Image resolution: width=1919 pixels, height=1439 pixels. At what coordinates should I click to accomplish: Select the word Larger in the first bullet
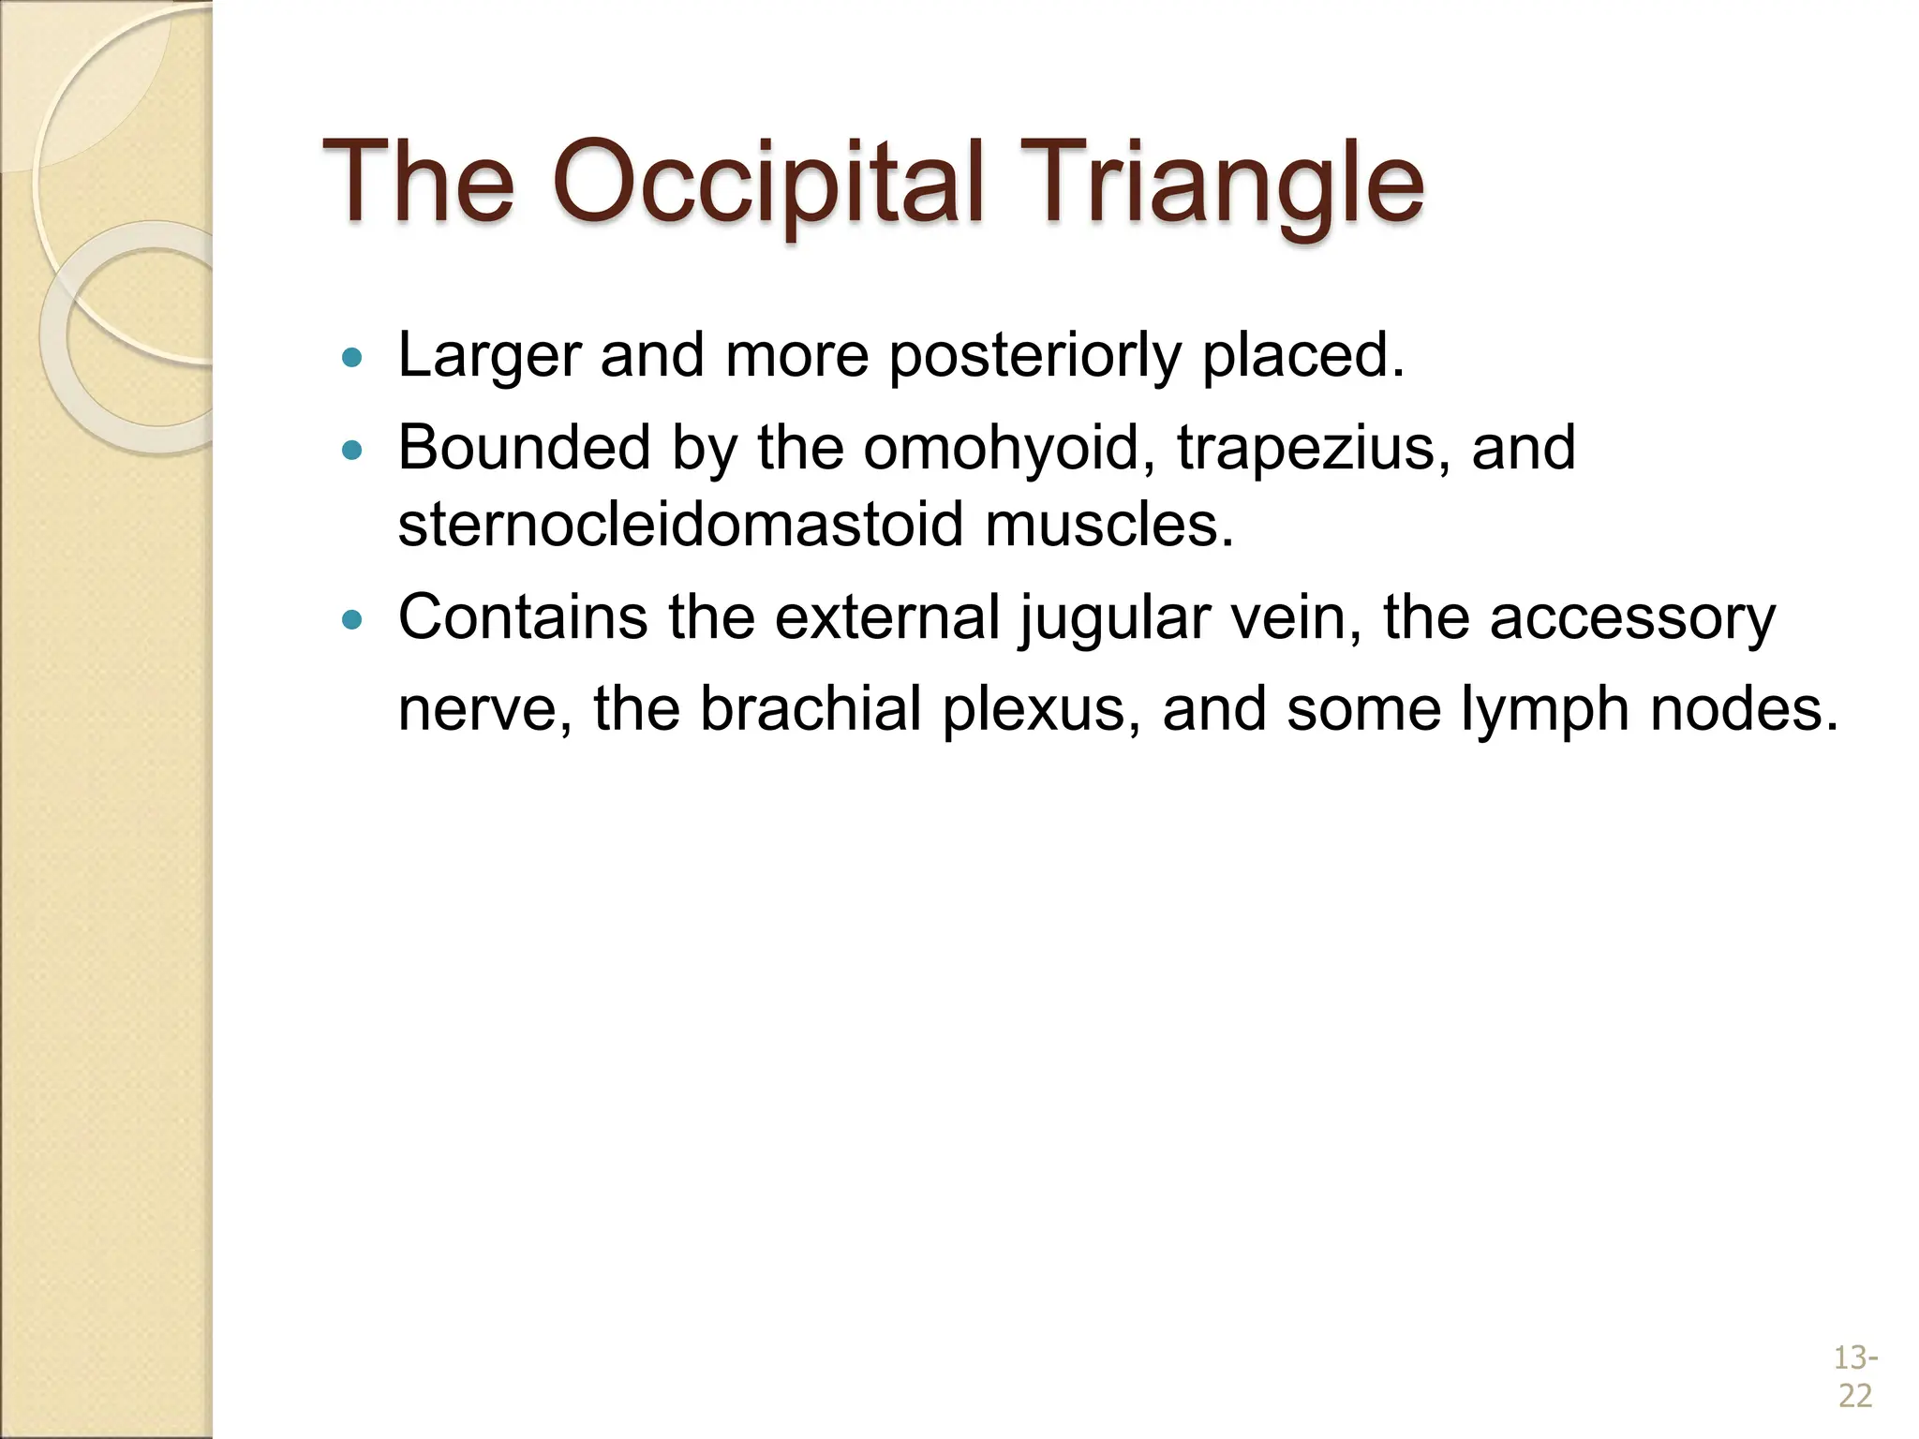pyautogui.click(x=489, y=357)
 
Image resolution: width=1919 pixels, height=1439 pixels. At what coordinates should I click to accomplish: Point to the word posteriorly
pyautogui.click(x=1034, y=357)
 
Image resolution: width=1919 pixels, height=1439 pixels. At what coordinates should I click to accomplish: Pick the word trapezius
pyautogui.click(x=1314, y=448)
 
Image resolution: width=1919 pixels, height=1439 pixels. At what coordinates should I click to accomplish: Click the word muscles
pyautogui.click(x=1109, y=524)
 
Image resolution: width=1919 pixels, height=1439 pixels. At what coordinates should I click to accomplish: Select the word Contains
pyautogui.click(x=523, y=617)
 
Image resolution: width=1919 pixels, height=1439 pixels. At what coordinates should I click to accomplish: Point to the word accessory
pyautogui.click(x=1632, y=619)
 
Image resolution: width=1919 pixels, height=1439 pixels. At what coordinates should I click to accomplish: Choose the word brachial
pyautogui.click(x=811, y=708)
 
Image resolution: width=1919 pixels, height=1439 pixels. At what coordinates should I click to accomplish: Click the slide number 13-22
pyautogui.click(x=1854, y=1376)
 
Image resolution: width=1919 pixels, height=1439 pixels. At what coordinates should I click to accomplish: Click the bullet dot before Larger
pyautogui.click(x=352, y=357)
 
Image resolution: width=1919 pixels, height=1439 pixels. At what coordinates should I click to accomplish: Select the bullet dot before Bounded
pyautogui.click(x=352, y=451)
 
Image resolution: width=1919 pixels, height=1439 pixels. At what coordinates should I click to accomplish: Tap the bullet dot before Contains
pyautogui.click(x=352, y=619)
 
